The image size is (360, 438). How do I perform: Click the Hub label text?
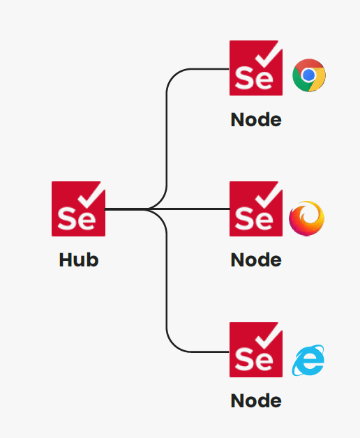point(79,260)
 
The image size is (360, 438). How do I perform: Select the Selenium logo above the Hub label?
point(79,209)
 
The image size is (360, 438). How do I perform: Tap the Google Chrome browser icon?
point(309,75)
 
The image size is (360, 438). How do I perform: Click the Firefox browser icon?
point(306,218)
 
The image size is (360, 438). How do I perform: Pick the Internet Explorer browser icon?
point(308,361)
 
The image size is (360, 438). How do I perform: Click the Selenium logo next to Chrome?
point(256,68)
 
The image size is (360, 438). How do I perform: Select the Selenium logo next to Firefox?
point(256,209)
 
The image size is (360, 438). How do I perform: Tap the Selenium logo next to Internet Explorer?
point(256,349)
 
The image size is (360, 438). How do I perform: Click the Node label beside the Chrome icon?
point(256,120)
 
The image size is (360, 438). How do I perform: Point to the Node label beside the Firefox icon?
point(256,260)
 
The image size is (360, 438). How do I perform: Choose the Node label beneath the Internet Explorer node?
point(256,401)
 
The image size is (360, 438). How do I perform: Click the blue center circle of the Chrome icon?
point(309,75)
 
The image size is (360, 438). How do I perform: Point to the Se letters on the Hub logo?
point(77,219)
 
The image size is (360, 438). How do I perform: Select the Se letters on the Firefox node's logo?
point(254,219)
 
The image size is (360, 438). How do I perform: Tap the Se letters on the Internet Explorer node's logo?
point(254,361)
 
